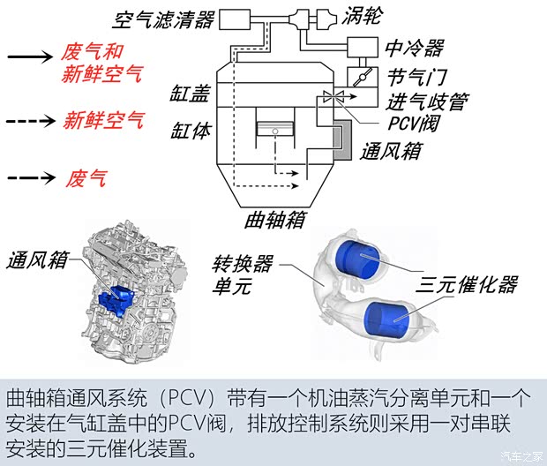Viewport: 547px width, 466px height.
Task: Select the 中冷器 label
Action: (414, 48)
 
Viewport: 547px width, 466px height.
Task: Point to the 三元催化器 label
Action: (467, 285)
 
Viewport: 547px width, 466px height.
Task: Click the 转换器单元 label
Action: (243, 274)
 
